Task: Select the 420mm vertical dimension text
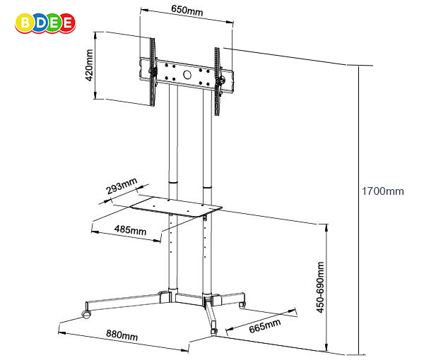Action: pos(90,66)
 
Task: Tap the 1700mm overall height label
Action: pos(382,191)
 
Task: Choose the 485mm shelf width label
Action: pos(131,231)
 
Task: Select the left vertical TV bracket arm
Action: pos(151,71)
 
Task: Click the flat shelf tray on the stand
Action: pos(178,205)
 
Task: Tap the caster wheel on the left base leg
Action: pos(86,311)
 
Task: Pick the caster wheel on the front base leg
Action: pos(213,329)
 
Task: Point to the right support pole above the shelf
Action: pos(207,134)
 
